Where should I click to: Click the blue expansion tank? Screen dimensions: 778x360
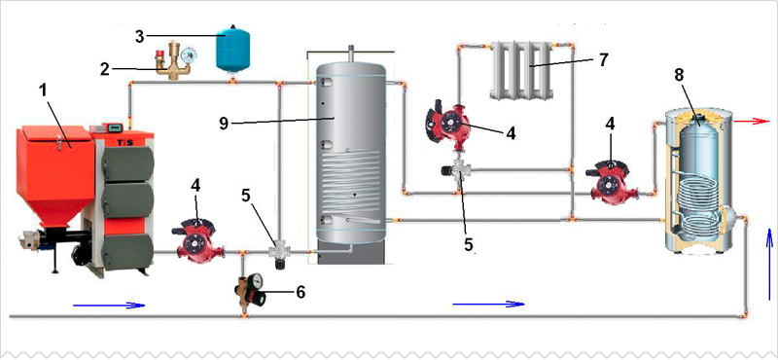tap(231, 50)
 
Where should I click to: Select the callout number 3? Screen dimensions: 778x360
tap(140, 37)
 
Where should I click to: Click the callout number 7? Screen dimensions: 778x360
tap(603, 59)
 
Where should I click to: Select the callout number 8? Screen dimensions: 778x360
tap(679, 75)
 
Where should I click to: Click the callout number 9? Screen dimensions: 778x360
tap(224, 123)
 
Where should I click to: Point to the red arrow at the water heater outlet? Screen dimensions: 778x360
tap(752, 122)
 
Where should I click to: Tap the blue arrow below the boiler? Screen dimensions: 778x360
tap(109, 306)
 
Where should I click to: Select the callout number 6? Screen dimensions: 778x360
tap(300, 293)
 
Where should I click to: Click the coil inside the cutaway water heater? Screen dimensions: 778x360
tap(697, 204)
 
